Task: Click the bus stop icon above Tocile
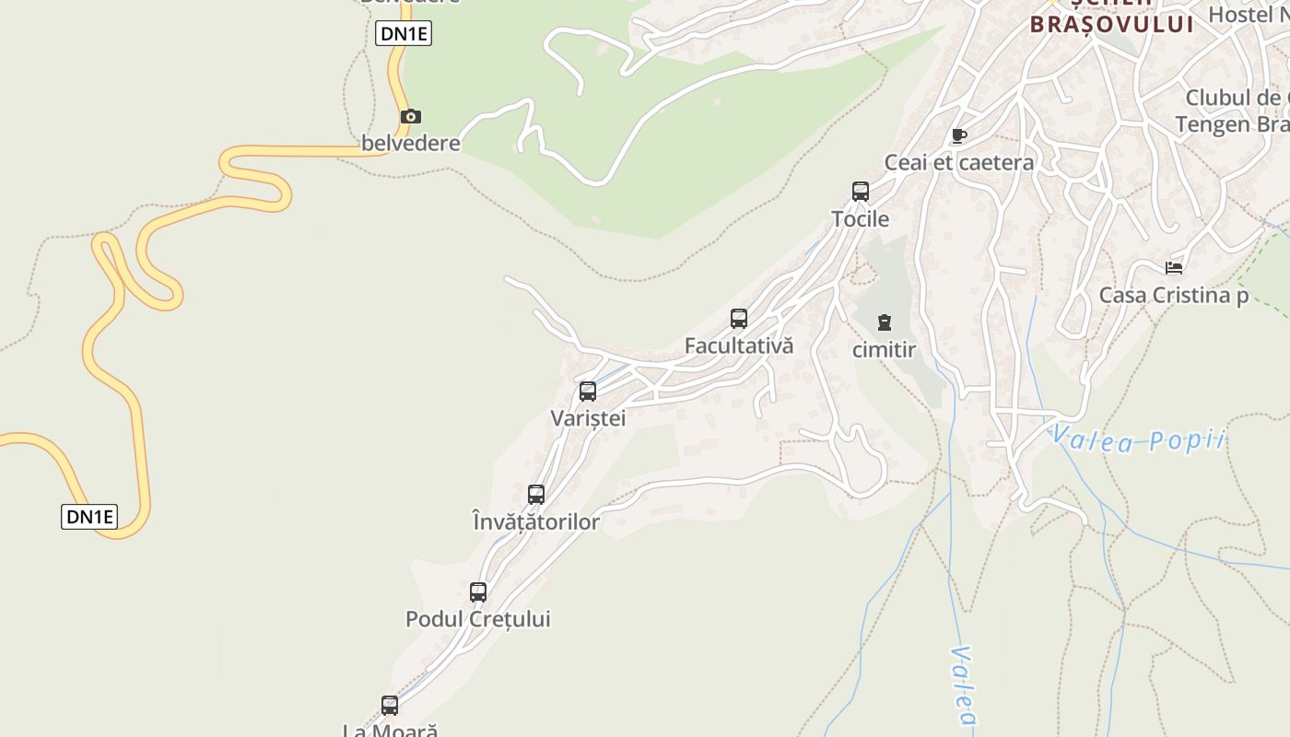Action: [861, 192]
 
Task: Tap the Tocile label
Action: [861, 219]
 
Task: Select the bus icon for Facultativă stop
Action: [739, 319]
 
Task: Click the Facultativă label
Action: [739, 346]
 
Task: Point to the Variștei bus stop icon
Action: [588, 392]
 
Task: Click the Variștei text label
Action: [588, 418]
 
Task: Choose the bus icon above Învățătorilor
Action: [536, 495]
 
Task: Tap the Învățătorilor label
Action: [535, 522]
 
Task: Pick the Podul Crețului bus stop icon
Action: [478, 592]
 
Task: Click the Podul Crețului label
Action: [478, 619]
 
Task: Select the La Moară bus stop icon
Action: [390, 706]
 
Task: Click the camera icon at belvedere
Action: [411, 116]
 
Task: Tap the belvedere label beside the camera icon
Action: [411, 144]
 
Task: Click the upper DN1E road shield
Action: [404, 34]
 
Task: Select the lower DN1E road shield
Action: [89, 517]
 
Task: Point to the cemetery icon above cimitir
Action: [885, 322]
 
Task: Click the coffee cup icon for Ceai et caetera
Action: [959, 136]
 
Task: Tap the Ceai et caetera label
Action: [959, 163]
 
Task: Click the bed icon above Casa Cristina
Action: [1174, 268]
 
